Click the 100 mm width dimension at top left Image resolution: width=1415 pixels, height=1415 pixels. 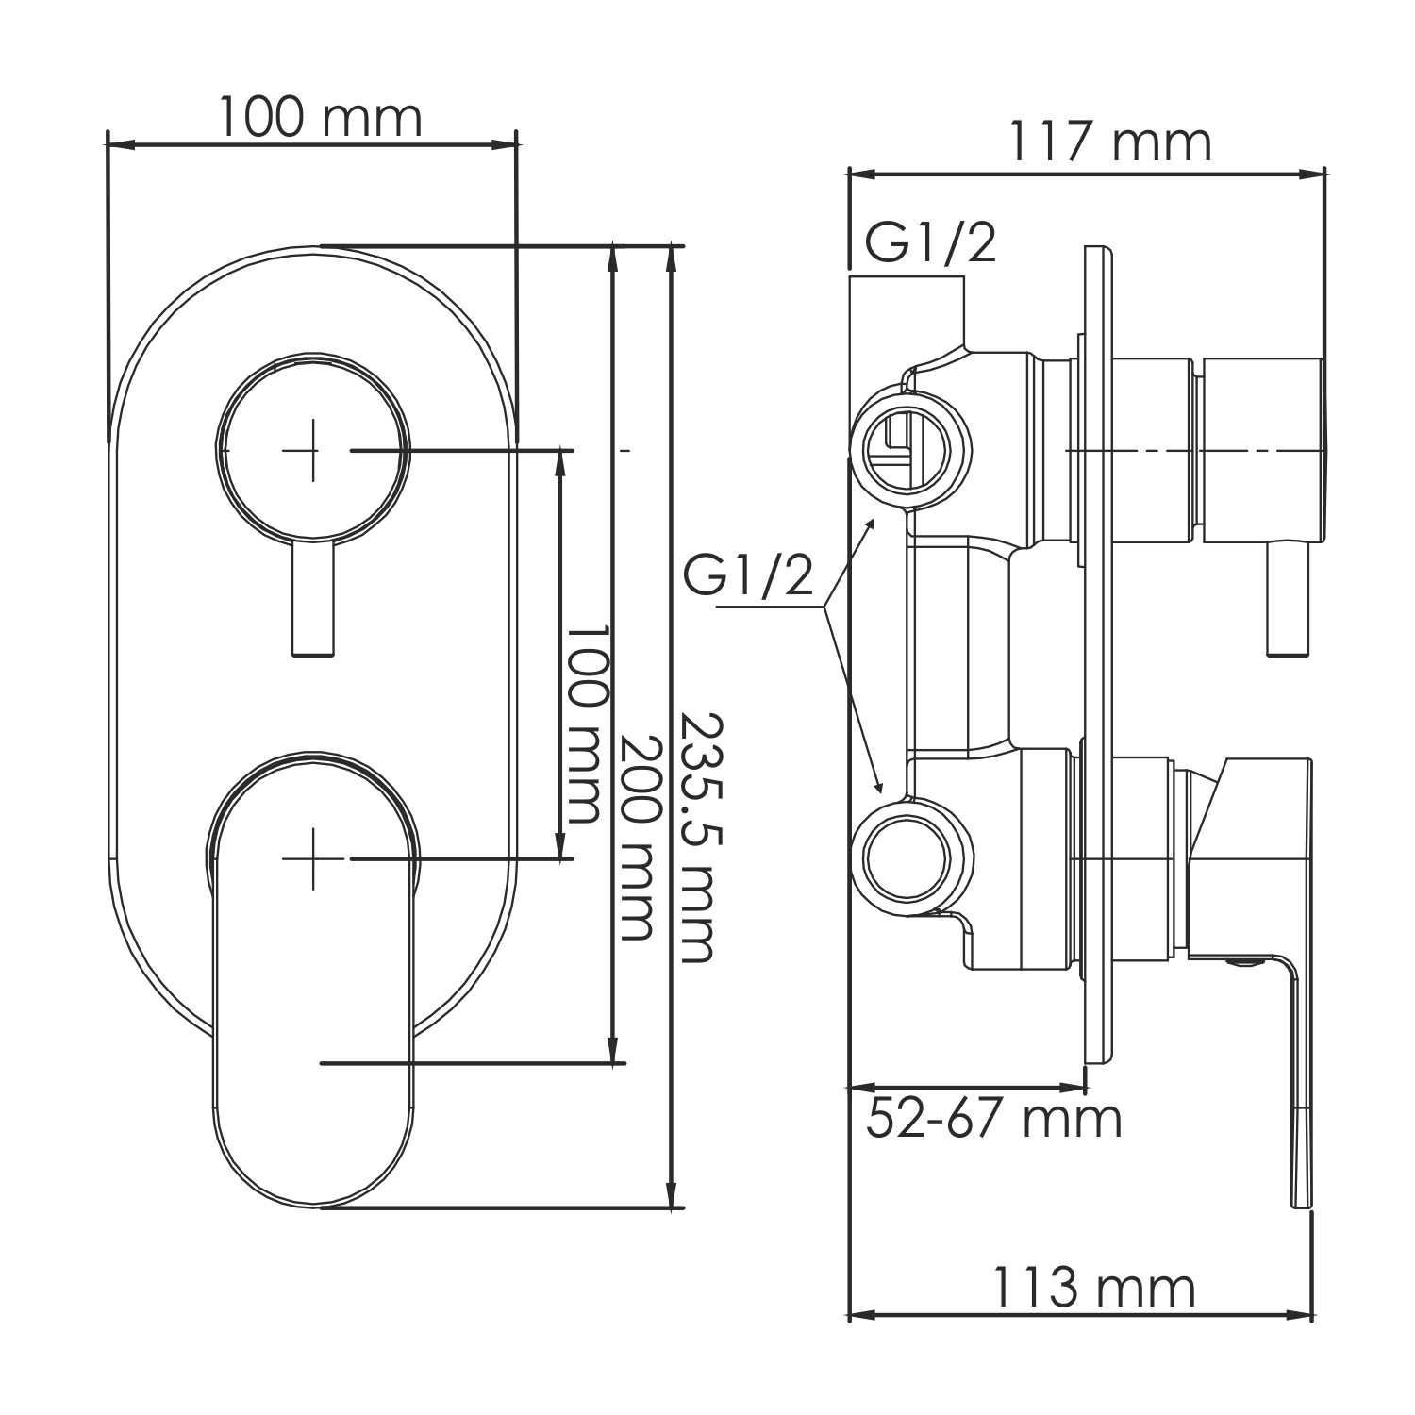(x=320, y=119)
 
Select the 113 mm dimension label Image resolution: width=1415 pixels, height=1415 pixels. (x=1092, y=1289)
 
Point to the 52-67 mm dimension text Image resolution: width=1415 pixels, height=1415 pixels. (x=994, y=1120)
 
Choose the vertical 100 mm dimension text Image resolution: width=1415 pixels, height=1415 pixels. (x=582, y=723)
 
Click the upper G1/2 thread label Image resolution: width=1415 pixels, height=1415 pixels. (x=930, y=244)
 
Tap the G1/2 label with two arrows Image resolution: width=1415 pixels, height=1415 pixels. (x=748, y=575)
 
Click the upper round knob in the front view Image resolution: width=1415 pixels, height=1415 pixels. (x=313, y=451)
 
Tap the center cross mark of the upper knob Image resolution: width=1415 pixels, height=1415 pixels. (x=313, y=451)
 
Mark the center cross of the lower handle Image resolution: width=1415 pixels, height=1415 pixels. (x=313, y=858)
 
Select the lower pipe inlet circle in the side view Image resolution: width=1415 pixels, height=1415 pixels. (x=909, y=858)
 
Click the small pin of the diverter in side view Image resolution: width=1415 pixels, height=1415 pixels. (x=1289, y=598)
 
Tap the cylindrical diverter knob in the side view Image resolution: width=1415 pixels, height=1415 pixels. (x=1264, y=450)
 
